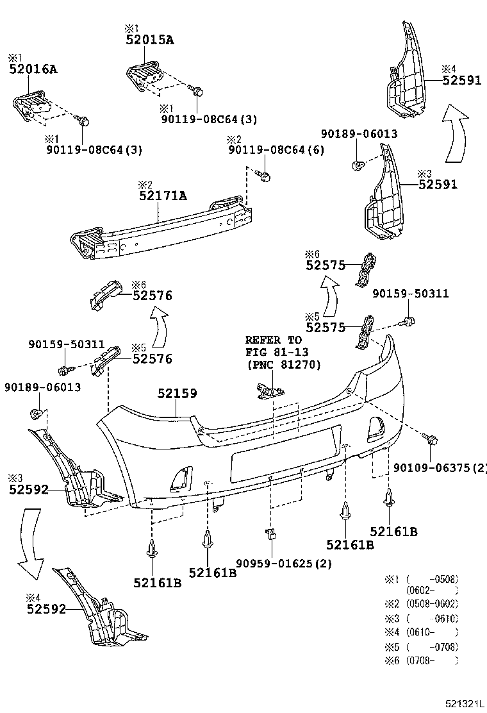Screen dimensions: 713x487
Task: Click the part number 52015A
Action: [149, 40]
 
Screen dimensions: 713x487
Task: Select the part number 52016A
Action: [33, 69]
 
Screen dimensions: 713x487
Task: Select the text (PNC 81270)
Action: [284, 364]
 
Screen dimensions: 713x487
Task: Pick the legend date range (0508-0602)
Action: [432, 603]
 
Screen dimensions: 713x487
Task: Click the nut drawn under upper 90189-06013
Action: [359, 165]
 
